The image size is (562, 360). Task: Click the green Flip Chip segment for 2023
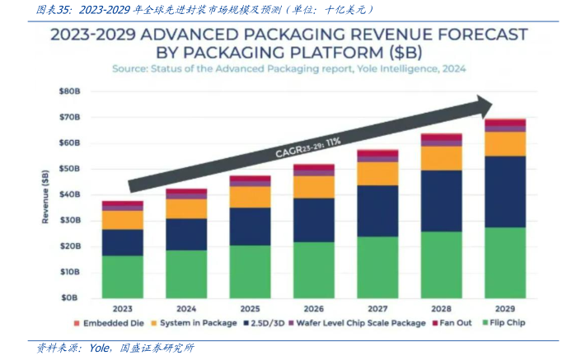point(123,276)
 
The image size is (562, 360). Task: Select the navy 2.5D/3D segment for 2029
point(505,191)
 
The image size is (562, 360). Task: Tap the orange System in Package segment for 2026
point(314,187)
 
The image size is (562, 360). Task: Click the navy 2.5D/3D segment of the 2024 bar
point(186,234)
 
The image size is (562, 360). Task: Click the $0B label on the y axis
point(70,297)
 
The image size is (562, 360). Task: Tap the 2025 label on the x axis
point(250,309)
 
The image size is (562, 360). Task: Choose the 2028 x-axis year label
point(441,309)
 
